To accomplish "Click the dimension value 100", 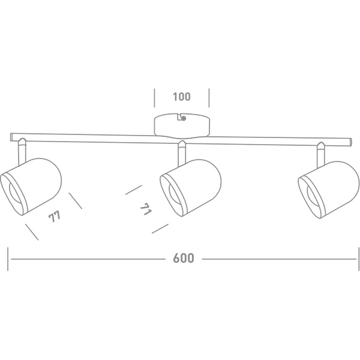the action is pyautogui.click(x=182, y=97).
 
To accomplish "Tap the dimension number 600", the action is pyautogui.click(x=184, y=258).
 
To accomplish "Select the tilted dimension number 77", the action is pyautogui.click(x=55, y=216).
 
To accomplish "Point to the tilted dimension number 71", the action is pyautogui.click(x=146, y=209).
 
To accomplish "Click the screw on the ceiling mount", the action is pyautogui.click(x=184, y=118).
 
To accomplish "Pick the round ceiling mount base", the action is pyautogui.click(x=182, y=126).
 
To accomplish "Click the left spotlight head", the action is pyautogui.click(x=31, y=187).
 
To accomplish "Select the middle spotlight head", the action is pyautogui.click(x=191, y=188).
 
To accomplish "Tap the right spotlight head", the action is pyautogui.click(x=329, y=190).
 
